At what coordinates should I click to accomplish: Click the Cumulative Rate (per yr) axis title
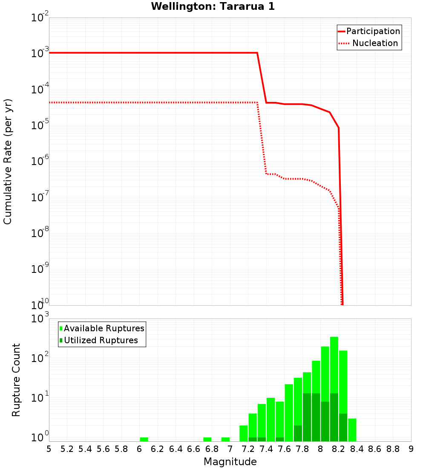tap(8, 161)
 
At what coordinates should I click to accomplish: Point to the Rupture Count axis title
tap(16, 379)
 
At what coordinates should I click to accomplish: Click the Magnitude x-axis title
tap(230, 462)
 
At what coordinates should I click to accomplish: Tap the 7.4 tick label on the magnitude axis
tap(266, 449)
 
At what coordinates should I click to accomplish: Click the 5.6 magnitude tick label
tap(104, 449)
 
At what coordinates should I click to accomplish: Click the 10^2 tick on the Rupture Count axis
tap(41, 357)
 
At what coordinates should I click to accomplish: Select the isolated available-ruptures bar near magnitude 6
tap(144, 439)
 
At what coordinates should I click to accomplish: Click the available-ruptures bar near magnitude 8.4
tap(352, 430)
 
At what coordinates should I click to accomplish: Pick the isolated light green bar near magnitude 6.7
tap(207, 439)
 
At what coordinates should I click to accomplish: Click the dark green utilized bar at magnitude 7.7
tap(298, 433)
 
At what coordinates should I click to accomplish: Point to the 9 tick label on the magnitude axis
tap(411, 449)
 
